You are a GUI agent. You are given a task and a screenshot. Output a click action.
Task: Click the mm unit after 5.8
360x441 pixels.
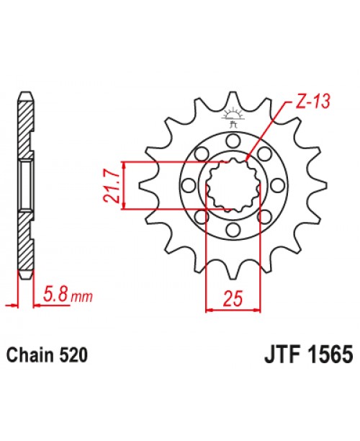click(x=85, y=297)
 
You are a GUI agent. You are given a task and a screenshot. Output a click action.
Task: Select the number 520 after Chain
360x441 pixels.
click(x=73, y=356)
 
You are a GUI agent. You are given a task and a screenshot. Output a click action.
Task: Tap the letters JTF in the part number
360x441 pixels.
click(x=271, y=356)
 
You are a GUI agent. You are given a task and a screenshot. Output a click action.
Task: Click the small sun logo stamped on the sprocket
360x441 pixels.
click(x=232, y=115)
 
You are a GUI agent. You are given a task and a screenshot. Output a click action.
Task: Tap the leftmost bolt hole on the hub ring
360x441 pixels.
click(x=189, y=185)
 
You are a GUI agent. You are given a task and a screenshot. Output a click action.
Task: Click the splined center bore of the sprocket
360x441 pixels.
click(x=232, y=185)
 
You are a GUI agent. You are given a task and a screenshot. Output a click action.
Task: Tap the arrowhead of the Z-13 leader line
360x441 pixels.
click(x=248, y=159)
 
